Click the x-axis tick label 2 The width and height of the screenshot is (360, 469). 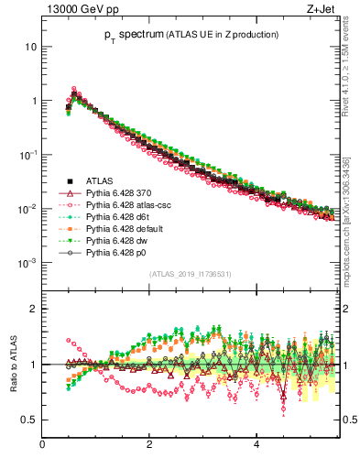pos(149,445)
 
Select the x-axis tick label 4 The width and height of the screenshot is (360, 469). pos(256,445)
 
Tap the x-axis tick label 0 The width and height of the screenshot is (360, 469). pos(42,445)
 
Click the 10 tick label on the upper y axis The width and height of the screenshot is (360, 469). pos(31,47)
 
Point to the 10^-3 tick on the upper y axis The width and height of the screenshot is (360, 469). pos(27,263)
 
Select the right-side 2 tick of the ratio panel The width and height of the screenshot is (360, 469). pos(347,309)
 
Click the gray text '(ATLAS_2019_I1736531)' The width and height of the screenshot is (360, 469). pos(189,274)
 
